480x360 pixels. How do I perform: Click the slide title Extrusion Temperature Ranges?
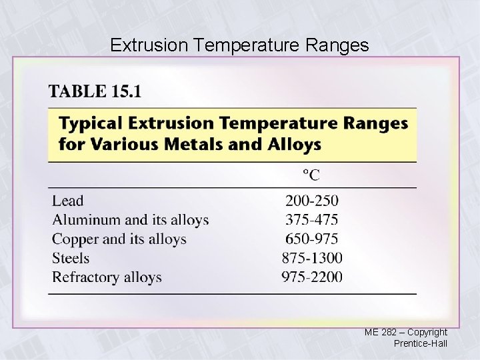(239, 45)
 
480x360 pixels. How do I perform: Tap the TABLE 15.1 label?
(95, 91)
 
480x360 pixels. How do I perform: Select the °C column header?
(311, 175)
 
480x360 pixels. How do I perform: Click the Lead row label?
(68, 200)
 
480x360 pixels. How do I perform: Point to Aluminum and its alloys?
(131, 219)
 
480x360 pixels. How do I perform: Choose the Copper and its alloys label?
(119, 239)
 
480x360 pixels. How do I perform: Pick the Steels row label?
(71, 258)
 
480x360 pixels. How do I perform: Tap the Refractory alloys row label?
(107, 277)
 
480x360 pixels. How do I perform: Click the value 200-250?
(312, 200)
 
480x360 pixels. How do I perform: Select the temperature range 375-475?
(312, 219)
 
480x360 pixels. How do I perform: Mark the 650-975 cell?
(312, 239)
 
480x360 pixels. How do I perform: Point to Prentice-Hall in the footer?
(421, 343)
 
